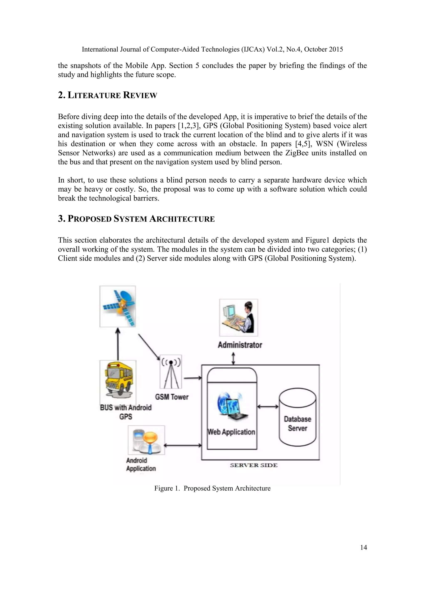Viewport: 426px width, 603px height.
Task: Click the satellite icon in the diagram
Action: pyautogui.click(x=118, y=306)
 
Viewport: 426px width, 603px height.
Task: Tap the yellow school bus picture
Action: pyautogui.click(x=118, y=379)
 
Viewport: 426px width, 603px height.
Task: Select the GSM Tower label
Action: pyautogui.click(x=172, y=397)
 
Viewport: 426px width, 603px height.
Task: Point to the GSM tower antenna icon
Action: pyautogui.click(x=171, y=372)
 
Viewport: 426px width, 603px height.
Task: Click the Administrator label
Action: pyautogui.click(x=240, y=345)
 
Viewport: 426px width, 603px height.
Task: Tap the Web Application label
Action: pyautogui.click(x=231, y=432)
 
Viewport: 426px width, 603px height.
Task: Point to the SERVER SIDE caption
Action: pyautogui.click(x=254, y=465)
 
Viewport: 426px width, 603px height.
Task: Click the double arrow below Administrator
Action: pyautogui.click(x=233, y=359)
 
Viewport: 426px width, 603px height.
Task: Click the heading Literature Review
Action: pyautogui.click(x=108, y=95)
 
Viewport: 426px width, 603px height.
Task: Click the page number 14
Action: pyautogui.click(x=363, y=547)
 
